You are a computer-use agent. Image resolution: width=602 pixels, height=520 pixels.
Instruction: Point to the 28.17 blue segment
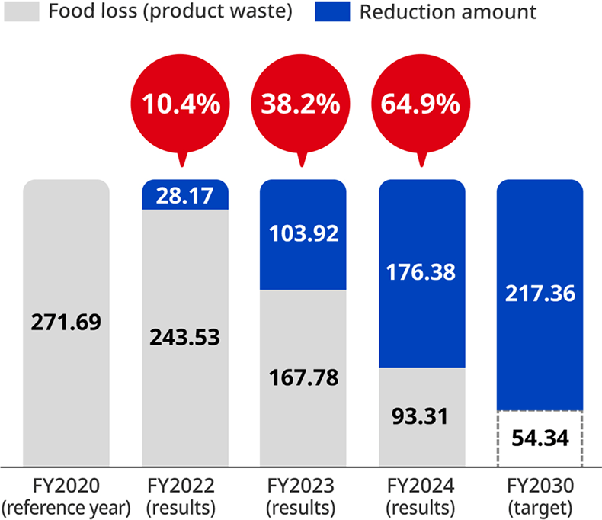185,196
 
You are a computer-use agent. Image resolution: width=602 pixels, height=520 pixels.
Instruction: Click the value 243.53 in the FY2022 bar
185,336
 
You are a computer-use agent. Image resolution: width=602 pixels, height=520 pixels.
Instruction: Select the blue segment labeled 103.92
303,235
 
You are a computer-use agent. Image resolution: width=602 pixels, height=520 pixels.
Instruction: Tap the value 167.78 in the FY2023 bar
303,377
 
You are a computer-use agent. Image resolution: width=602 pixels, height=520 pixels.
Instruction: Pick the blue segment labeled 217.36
540,294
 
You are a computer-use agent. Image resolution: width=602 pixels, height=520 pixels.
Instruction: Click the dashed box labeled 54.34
540,439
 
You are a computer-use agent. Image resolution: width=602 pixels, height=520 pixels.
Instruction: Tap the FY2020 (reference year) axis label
66,496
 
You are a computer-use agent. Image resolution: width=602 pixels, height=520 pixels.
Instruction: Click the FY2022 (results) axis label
185,496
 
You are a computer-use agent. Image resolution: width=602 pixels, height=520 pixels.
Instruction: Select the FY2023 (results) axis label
303,496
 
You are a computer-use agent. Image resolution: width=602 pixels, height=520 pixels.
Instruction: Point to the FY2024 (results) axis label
421,496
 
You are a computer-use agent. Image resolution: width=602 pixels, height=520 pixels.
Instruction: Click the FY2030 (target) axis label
540,496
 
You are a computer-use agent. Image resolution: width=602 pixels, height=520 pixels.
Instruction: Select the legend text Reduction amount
447,12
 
